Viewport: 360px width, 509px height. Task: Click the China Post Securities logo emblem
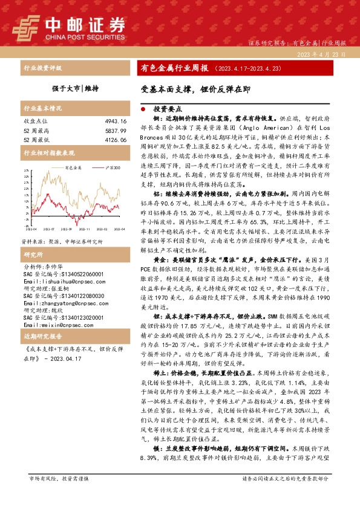click(x=25, y=27)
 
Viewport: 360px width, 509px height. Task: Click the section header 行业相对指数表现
click(x=48, y=153)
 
